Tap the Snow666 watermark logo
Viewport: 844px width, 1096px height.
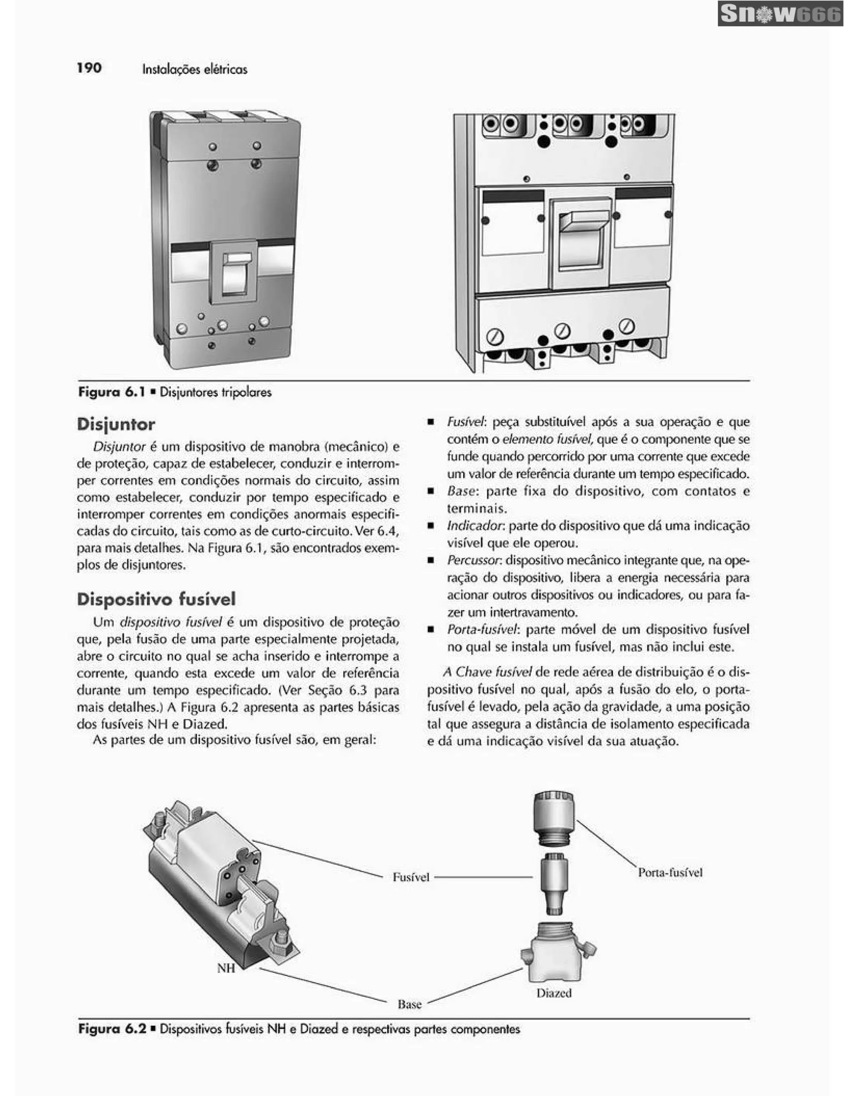coord(780,14)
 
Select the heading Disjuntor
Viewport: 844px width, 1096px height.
coord(116,424)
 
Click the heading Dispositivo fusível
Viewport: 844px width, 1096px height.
coord(156,599)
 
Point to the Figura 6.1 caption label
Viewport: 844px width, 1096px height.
coord(111,392)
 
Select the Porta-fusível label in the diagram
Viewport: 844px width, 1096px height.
coord(670,873)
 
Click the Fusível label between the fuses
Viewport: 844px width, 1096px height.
coord(411,877)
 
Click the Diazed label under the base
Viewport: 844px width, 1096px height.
coord(553,993)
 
